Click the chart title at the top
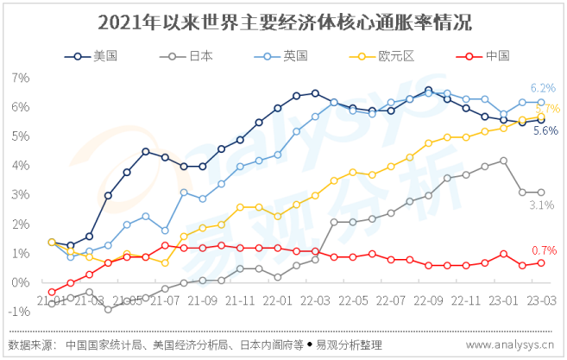tap(284, 20)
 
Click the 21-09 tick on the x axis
tap(203, 300)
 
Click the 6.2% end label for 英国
tap(543, 88)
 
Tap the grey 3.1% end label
tap(541, 205)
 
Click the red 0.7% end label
tap(544, 249)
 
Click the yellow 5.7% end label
tap(548, 109)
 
